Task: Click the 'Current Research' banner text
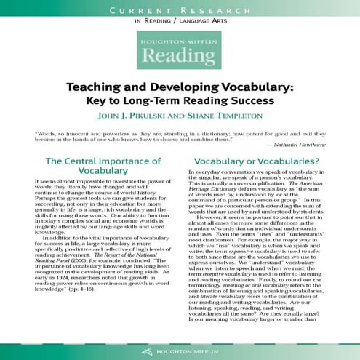180,10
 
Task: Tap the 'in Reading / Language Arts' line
180,23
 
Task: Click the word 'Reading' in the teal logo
180,57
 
